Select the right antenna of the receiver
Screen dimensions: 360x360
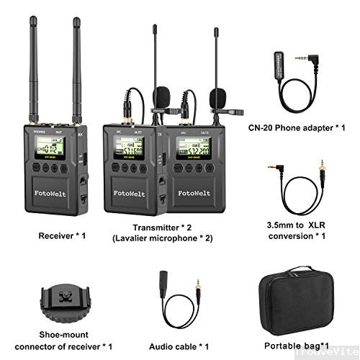click(75, 72)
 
